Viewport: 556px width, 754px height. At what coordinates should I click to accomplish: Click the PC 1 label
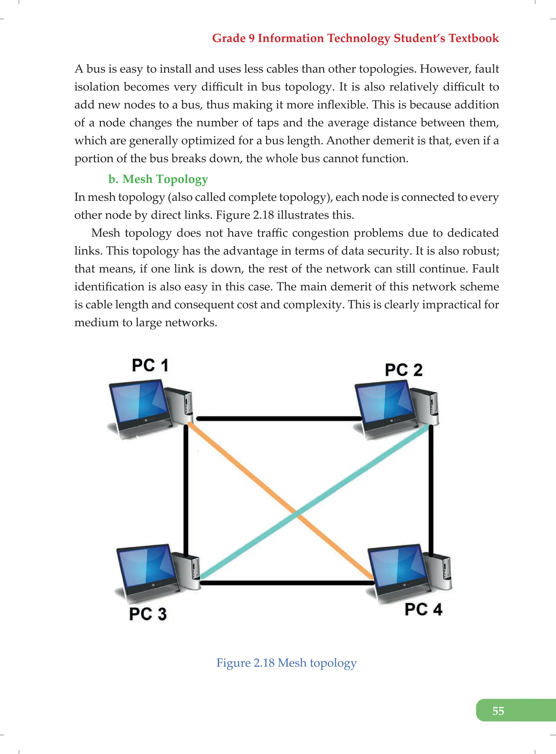150,365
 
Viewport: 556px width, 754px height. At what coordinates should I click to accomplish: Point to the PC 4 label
423,609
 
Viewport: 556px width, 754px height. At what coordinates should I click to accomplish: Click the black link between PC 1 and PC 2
279,419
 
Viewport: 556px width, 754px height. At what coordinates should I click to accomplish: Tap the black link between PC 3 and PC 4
286,583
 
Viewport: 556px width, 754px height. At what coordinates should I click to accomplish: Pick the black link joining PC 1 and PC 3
186,488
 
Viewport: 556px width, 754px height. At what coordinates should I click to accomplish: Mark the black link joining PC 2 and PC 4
431,488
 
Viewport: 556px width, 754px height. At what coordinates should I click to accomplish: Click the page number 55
498,711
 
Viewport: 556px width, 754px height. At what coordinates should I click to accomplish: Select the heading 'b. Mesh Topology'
158,179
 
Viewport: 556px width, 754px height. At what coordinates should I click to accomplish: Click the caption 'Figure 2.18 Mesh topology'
286,662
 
